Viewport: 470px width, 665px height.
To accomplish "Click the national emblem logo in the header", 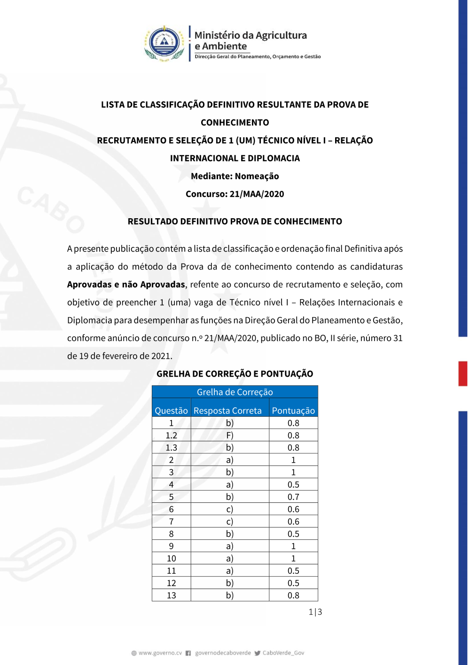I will coord(164,43).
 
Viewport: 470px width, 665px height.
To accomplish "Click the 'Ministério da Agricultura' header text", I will coord(251,35).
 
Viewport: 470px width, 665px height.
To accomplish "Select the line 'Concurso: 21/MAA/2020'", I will coord(235,194).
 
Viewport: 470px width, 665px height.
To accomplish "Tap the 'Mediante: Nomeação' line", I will coord(235,176).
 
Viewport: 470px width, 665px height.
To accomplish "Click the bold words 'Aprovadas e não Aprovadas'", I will coord(126,285).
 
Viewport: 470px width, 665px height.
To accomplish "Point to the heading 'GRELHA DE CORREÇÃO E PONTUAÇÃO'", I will coord(235,374).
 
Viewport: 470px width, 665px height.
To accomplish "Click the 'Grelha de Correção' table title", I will coord(235,392).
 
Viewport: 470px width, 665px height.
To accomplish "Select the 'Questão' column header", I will coord(171,411).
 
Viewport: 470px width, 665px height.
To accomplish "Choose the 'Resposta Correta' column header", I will coord(227,411).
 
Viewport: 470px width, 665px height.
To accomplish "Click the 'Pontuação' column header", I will coord(293,411).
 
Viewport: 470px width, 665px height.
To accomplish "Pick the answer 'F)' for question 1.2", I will coord(230,435).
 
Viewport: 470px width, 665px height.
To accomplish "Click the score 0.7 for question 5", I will coord(293,497).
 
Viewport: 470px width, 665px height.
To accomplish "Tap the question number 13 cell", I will coord(171,595).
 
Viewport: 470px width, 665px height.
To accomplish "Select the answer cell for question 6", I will coord(230,509).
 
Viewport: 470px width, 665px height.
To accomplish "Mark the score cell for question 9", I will coord(293,546).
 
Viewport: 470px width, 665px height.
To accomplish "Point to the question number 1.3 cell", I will coord(171,448).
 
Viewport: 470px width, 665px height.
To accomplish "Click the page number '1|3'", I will coord(315,612).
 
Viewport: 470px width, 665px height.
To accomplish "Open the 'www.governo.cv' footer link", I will coord(160,653).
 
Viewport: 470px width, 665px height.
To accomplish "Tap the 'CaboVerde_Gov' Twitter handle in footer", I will coord(283,653).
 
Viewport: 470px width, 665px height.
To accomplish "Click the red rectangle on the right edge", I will coord(463,373).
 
